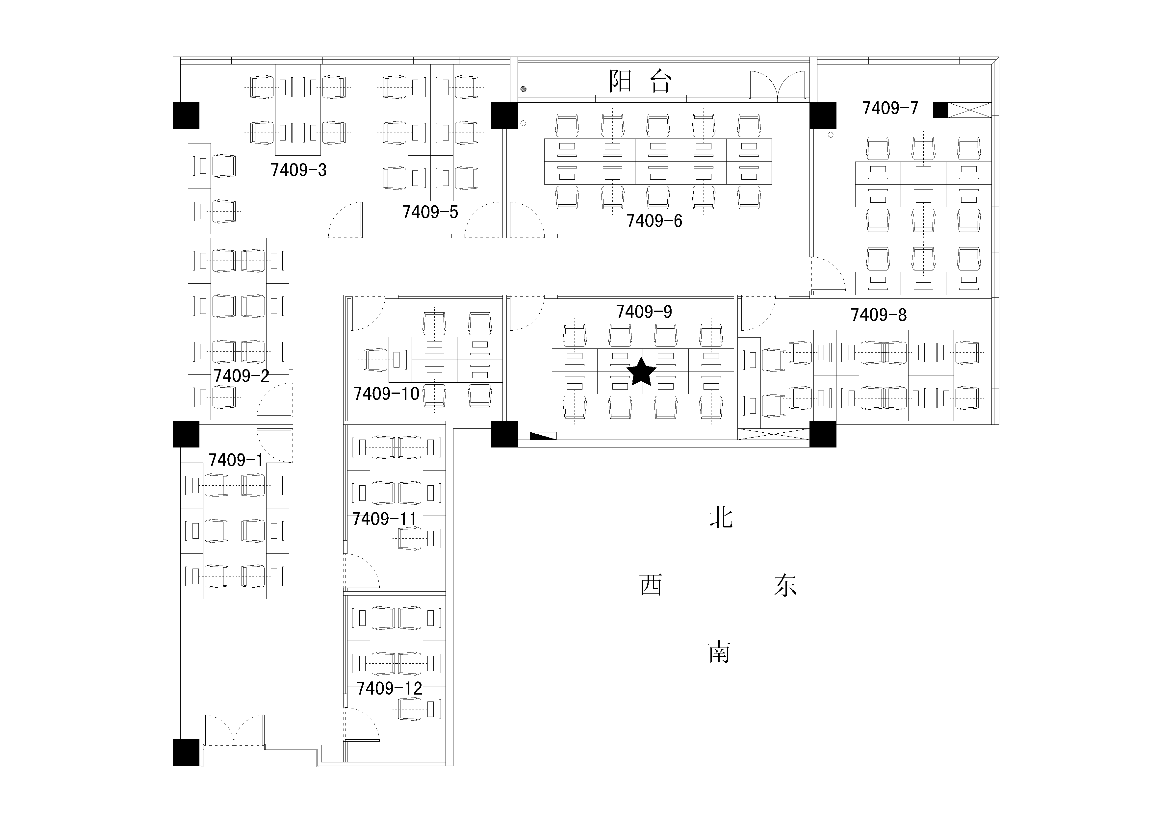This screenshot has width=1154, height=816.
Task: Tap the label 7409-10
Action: coord(386,394)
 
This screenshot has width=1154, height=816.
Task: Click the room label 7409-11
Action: coord(384,519)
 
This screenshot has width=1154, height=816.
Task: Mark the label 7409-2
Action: coord(241,376)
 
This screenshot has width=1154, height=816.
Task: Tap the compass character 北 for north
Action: coord(721,518)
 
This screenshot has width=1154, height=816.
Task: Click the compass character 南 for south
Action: coord(719,652)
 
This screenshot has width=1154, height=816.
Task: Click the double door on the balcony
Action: coord(778,85)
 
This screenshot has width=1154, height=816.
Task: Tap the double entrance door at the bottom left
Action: coord(234,731)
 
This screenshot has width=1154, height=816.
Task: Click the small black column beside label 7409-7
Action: coord(940,110)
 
